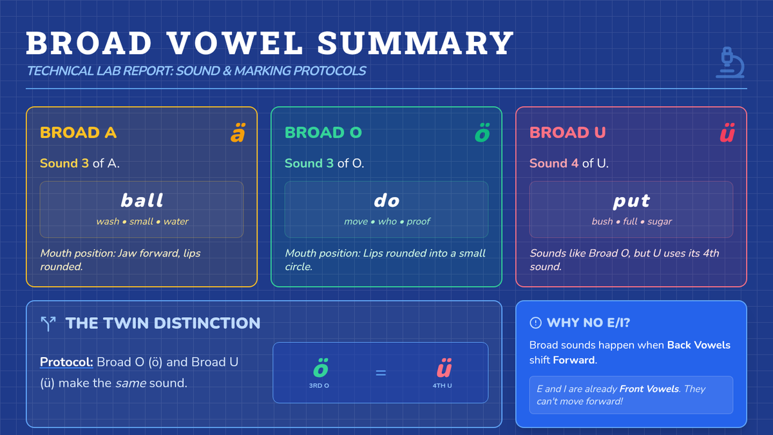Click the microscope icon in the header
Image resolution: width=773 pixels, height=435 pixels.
(730, 63)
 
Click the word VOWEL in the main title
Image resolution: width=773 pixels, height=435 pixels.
(234, 43)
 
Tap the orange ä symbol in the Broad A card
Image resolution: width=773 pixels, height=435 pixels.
(238, 133)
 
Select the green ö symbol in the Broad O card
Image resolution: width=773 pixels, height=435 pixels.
(482, 133)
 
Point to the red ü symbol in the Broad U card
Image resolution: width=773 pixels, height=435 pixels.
(727, 133)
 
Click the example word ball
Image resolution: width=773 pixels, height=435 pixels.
(142, 200)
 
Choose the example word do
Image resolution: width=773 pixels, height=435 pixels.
(386, 200)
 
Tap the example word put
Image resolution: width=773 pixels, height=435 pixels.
(631, 201)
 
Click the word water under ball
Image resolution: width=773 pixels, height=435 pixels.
(176, 221)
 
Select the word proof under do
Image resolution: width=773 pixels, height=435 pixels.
(418, 221)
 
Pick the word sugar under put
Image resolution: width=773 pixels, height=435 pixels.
(660, 222)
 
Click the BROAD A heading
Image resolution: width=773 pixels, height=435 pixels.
(79, 133)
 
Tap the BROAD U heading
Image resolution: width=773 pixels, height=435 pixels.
(568, 133)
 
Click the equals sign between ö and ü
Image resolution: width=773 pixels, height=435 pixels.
(381, 373)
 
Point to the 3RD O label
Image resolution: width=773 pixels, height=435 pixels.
(319, 385)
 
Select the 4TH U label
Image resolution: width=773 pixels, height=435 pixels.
(442, 385)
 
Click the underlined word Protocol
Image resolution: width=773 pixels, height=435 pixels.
(66, 362)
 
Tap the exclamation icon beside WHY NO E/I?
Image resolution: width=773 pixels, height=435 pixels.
(535, 323)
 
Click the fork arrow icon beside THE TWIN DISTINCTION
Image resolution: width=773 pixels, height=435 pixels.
(48, 324)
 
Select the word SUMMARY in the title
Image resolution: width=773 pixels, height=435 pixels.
(415, 43)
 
